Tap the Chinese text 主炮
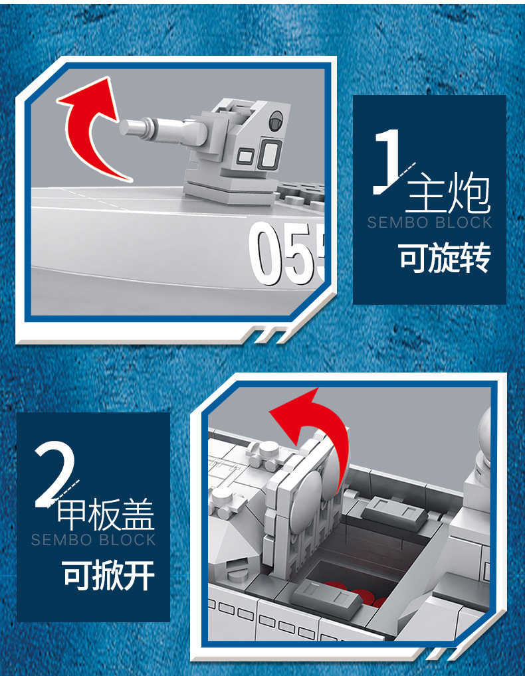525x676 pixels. [448, 193]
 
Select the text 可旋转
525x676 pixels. [445, 258]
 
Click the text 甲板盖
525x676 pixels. [106, 515]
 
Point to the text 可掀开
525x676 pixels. [108, 574]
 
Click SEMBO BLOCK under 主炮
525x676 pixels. [430, 222]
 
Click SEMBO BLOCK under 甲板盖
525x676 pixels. [93, 540]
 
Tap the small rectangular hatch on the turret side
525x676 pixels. [246, 155]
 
